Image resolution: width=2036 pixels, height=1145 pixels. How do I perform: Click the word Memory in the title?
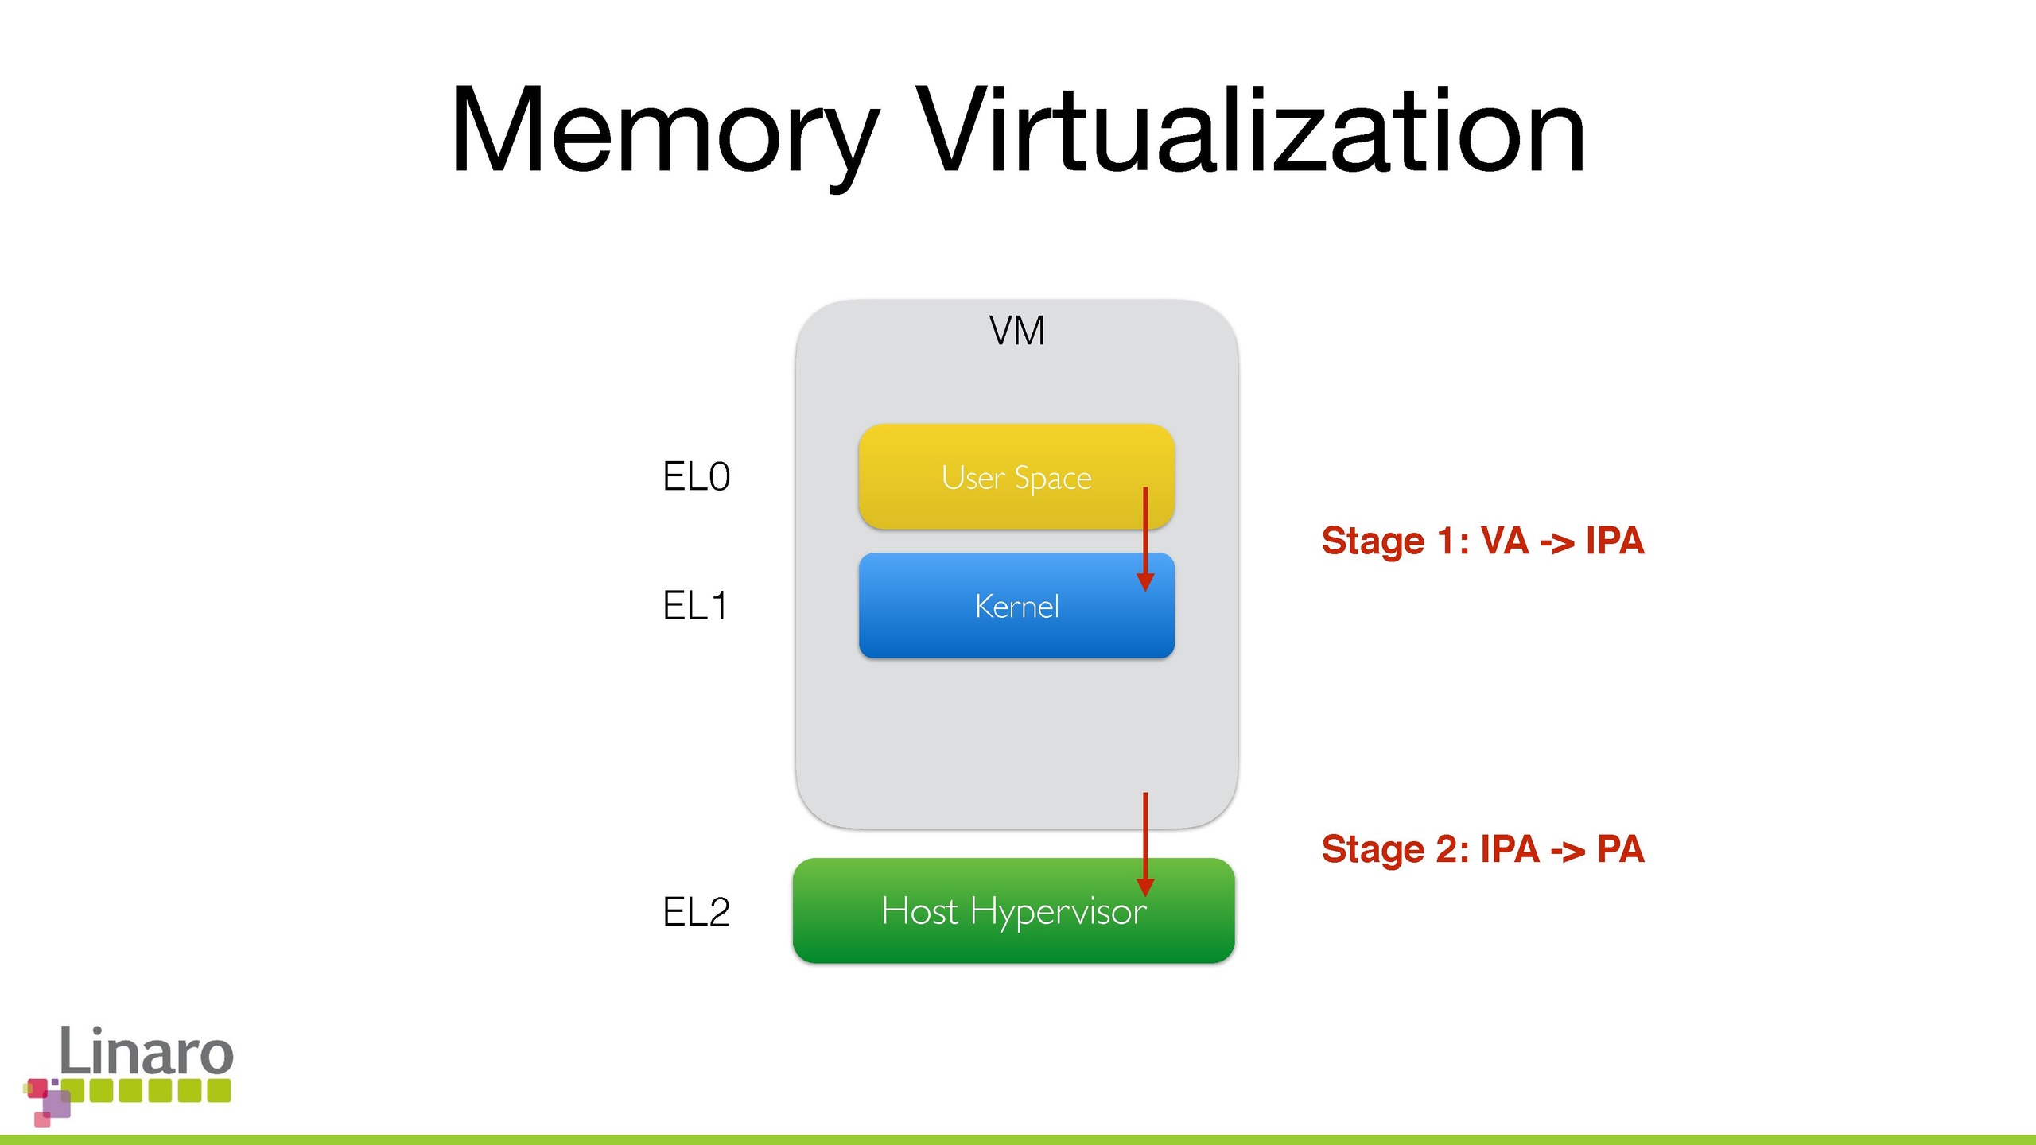[x=664, y=131]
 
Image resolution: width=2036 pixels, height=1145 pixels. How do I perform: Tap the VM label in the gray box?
[x=1016, y=331]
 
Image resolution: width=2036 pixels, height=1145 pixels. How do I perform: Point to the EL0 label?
[x=696, y=477]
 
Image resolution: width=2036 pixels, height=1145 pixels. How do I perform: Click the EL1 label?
[x=694, y=606]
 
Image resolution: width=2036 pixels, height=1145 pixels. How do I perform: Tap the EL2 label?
[x=696, y=912]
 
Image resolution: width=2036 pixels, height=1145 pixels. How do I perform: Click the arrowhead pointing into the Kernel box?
[x=1145, y=581]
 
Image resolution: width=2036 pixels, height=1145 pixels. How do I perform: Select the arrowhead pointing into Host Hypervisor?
[x=1145, y=887]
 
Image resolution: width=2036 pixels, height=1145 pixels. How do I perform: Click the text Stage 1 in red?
[x=1394, y=541]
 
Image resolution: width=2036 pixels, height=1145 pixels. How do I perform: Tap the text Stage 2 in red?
[x=1394, y=849]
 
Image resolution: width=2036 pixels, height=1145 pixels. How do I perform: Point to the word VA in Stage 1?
[x=1505, y=541]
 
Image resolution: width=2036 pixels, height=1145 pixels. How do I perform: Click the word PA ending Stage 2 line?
[x=1620, y=849]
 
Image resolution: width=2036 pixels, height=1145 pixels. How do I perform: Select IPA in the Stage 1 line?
[x=1614, y=541]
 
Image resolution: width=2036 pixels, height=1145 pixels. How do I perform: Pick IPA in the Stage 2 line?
[x=1510, y=849]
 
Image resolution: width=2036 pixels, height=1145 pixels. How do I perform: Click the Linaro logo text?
[x=146, y=1051]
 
